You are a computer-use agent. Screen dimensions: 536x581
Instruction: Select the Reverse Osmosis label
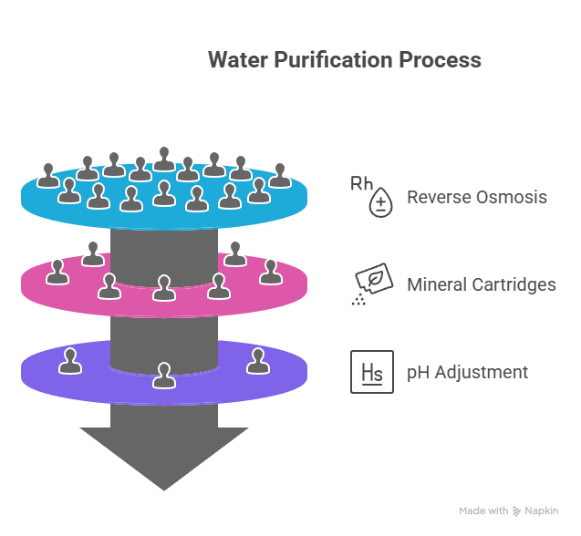[476, 197]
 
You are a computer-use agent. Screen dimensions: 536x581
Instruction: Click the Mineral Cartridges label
[481, 284]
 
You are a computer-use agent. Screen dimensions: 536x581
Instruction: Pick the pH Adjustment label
[467, 372]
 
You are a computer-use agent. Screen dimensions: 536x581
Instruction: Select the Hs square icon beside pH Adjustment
[372, 372]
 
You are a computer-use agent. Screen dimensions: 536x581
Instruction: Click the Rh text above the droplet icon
[361, 184]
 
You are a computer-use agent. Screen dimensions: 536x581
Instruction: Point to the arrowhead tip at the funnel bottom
[164, 489]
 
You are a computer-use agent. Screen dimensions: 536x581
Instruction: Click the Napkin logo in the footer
[536, 511]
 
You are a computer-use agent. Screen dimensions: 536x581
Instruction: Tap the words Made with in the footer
[483, 511]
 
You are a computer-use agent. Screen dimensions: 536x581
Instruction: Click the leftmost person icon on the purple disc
[69, 361]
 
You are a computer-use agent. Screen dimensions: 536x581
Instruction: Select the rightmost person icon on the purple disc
[257, 361]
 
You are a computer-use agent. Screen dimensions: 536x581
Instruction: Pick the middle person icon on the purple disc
[163, 376]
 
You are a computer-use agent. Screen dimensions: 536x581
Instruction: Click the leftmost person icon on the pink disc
[57, 272]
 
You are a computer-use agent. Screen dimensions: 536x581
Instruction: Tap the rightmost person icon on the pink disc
[270, 272]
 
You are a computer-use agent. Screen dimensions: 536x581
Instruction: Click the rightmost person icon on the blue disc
[280, 175]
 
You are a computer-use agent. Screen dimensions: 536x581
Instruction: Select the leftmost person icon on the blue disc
[47, 175]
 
